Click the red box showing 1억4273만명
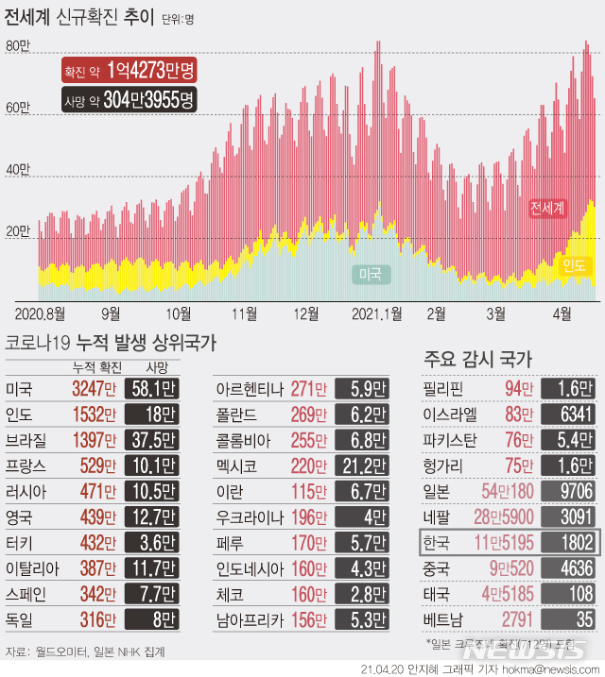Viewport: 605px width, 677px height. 127,70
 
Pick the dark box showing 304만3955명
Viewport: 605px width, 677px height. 127,98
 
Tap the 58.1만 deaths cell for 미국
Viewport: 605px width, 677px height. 151,388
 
